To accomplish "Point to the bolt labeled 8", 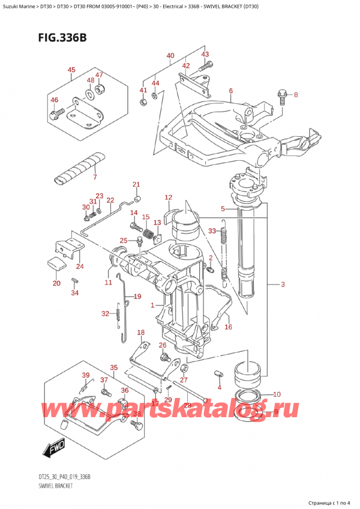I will (x=281, y=94).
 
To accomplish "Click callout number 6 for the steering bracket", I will (x=230, y=91).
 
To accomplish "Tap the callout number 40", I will (x=170, y=56).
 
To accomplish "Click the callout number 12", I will (x=168, y=197).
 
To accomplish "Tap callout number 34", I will (x=74, y=293).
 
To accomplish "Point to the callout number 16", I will (x=228, y=327).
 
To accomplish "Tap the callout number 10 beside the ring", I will (x=276, y=394).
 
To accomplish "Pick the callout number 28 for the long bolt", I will (x=187, y=406).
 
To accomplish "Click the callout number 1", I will (x=153, y=305).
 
